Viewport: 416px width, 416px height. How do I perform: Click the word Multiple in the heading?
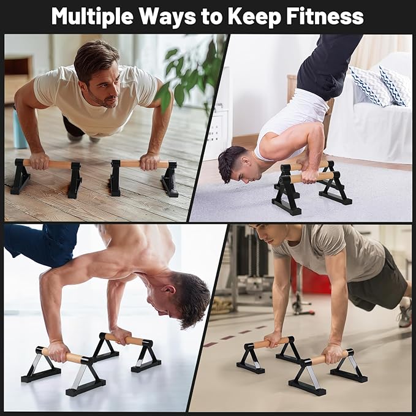point(91,16)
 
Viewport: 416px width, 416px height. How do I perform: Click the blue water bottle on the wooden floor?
point(20,129)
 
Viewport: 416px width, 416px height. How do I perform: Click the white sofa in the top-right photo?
point(368,129)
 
